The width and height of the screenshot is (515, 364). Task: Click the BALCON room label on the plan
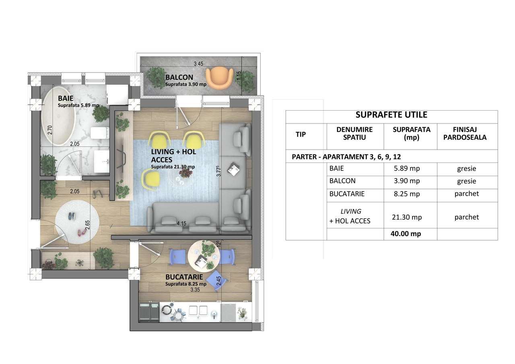[x=179, y=77]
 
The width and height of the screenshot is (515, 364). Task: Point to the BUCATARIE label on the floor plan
[x=184, y=277]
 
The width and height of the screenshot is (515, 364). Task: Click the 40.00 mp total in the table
[x=406, y=234]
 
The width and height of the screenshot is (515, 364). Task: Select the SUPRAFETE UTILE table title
[x=391, y=115]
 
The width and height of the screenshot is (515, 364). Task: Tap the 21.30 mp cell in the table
[x=407, y=217]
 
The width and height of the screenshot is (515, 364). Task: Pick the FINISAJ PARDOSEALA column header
[x=467, y=133]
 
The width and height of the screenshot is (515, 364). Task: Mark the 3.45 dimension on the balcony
[x=198, y=64]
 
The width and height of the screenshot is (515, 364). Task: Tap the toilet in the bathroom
[x=99, y=132]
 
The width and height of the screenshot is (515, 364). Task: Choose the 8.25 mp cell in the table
[x=407, y=194]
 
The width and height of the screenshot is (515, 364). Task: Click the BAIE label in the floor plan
[x=65, y=98]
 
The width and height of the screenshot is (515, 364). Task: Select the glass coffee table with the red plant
[x=183, y=177]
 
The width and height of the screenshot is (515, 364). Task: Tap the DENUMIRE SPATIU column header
[x=354, y=133]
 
